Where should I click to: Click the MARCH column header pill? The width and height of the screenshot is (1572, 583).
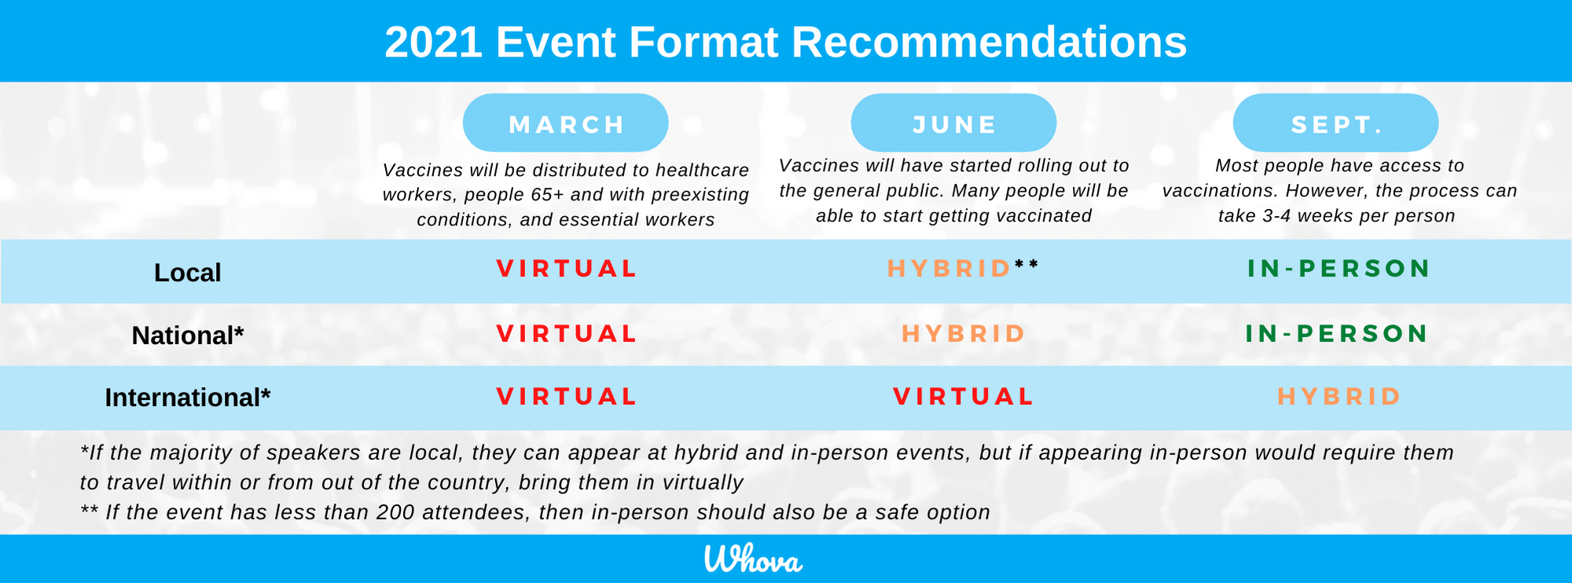point(566,123)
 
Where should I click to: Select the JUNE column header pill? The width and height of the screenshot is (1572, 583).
point(953,123)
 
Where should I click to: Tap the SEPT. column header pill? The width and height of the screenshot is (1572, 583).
point(1336,123)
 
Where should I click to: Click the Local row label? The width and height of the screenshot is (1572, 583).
point(187,273)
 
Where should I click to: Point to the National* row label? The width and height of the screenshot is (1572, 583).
point(188,335)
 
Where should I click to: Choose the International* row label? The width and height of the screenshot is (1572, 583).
point(188,398)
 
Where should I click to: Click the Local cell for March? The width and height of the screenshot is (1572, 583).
point(567,269)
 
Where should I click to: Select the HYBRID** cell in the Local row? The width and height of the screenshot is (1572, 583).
point(963,269)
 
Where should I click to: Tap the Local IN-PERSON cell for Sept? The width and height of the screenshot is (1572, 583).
point(1339,269)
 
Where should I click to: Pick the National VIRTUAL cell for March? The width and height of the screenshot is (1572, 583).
point(567,334)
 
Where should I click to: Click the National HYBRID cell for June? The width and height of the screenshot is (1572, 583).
point(964,334)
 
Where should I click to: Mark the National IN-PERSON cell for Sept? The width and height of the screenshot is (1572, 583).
point(1337,334)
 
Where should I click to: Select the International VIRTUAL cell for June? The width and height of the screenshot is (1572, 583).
point(964,397)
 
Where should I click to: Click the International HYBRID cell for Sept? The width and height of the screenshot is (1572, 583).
point(1339,397)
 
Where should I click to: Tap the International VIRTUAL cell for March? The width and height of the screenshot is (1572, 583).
point(567,397)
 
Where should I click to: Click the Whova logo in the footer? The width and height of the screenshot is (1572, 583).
point(753,559)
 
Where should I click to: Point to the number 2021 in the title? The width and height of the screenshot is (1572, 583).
point(433,42)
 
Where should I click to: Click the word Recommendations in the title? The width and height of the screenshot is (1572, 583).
point(989,42)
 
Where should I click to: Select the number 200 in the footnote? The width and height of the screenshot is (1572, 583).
point(393,512)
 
